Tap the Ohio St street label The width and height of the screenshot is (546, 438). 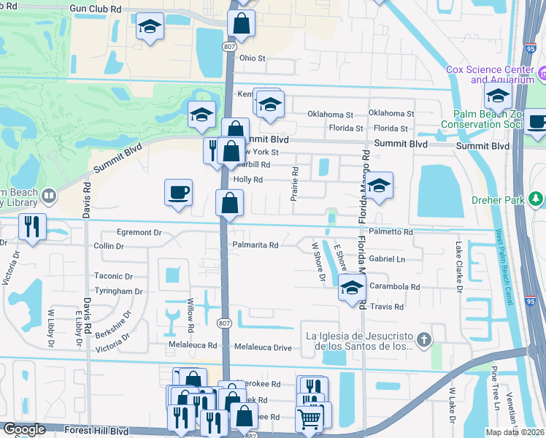click(x=253, y=58)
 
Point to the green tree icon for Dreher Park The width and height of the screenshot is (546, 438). click(x=537, y=199)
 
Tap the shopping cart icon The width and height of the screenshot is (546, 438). click(x=309, y=419)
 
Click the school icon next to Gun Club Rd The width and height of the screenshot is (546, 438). click(x=150, y=27)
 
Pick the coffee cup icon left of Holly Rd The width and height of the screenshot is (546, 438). click(x=179, y=193)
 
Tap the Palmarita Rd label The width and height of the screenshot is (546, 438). click(x=255, y=245)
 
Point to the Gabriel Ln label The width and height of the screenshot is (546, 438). click(x=387, y=259)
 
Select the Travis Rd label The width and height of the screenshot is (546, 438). click(x=387, y=307)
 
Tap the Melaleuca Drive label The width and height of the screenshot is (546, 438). click(x=262, y=347)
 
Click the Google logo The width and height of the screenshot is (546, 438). click(x=24, y=429)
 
